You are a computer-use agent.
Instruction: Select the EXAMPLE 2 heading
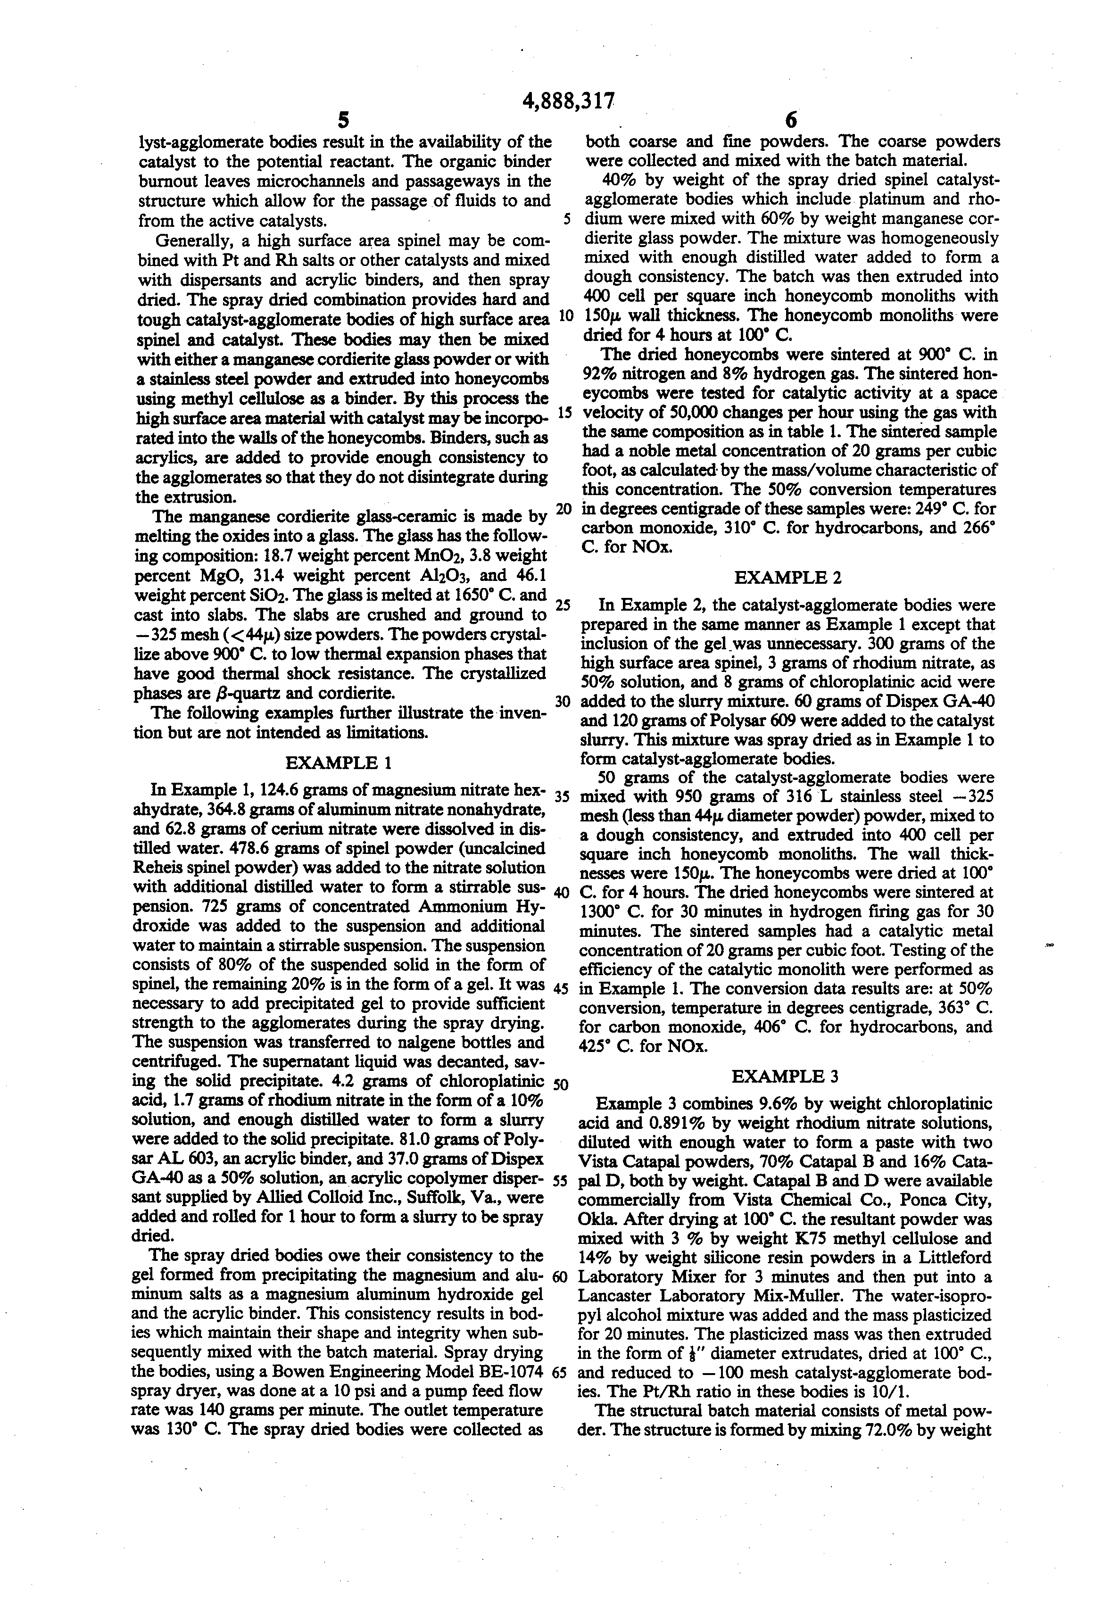pyautogui.click(x=787, y=577)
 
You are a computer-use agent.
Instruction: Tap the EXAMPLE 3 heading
pyautogui.click(x=785, y=1076)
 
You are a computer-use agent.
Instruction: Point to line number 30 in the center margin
pyautogui.click(x=562, y=702)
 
